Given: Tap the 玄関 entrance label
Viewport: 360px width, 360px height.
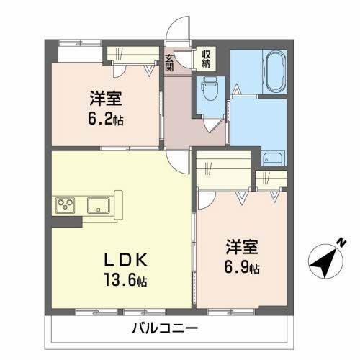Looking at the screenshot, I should point(170,63).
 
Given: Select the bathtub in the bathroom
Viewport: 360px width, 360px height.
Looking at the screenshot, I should point(276,72).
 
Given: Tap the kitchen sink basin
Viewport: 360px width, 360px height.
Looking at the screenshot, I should point(97,205).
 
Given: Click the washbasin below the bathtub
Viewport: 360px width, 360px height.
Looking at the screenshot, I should point(273,158).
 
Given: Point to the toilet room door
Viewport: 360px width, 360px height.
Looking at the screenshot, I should point(213,122).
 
